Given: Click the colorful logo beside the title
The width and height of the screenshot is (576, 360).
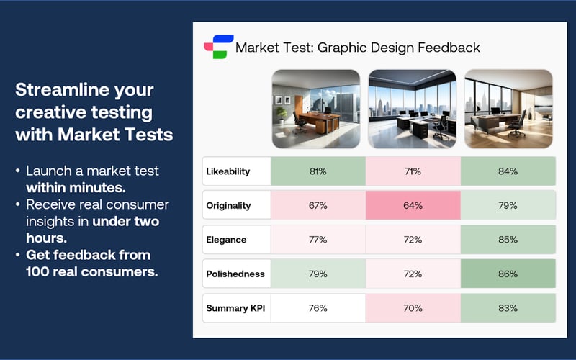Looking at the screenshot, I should [x=219, y=48].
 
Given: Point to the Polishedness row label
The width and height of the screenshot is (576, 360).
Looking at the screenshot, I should [x=236, y=274].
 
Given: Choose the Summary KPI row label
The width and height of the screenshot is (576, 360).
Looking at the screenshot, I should [x=236, y=308].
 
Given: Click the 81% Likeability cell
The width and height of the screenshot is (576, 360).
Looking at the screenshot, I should [x=318, y=171].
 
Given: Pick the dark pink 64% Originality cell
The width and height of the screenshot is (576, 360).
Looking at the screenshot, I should [x=413, y=205].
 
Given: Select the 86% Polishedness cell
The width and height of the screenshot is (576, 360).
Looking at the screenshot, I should [x=508, y=274].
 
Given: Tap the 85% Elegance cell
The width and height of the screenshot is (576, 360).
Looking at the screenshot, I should [x=508, y=240].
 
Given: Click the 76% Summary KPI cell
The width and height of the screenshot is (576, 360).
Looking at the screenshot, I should [x=318, y=308].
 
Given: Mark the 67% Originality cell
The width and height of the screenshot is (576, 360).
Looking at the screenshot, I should [x=318, y=205].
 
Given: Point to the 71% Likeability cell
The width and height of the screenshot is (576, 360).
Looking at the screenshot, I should [x=413, y=171].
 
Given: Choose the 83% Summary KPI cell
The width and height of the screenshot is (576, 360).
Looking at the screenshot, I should [x=508, y=308].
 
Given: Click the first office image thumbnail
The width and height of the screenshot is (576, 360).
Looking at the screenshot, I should [x=315, y=109].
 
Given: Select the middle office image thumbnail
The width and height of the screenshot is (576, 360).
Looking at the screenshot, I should [x=413, y=109].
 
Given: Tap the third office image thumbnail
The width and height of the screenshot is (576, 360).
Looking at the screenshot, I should [x=508, y=109].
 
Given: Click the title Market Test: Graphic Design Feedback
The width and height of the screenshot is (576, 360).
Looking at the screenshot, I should [x=357, y=48].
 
